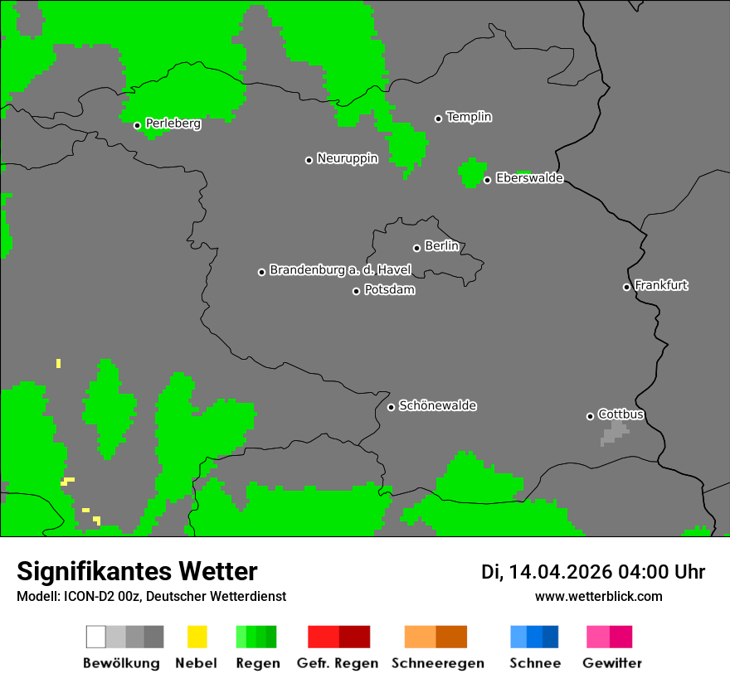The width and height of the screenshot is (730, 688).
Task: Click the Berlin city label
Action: click(441, 246)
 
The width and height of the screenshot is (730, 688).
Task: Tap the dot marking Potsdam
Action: click(357, 291)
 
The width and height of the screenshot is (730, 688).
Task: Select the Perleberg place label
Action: click(173, 124)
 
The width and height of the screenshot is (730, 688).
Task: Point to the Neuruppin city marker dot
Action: click(309, 160)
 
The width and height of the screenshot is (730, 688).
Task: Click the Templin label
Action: click(469, 117)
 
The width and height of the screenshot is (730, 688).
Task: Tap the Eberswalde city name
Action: click(529, 178)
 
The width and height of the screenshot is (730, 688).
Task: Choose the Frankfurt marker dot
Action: click(626, 287)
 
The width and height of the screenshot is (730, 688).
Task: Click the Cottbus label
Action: click(620, 414)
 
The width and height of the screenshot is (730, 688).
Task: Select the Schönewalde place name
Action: click(437, 406)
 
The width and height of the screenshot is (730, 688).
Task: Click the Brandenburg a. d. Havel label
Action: click(340, 270)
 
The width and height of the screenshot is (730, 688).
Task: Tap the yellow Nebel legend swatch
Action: click(197, 637)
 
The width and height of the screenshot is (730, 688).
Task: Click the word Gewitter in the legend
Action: click(611, 663)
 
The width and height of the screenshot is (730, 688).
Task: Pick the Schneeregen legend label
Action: click(437, 663)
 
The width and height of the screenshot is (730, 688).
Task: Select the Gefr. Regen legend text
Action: click(337, 663)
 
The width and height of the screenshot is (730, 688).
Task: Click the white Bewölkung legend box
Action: click(96, 637)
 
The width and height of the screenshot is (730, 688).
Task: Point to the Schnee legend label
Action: click(535, 663)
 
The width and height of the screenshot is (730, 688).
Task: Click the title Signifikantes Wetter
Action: click(137, 572)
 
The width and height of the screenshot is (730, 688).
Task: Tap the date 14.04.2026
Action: click(560, 572)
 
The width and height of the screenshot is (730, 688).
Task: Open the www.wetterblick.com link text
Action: click(598, 596)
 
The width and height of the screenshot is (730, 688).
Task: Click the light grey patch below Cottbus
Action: click(615, 432)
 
